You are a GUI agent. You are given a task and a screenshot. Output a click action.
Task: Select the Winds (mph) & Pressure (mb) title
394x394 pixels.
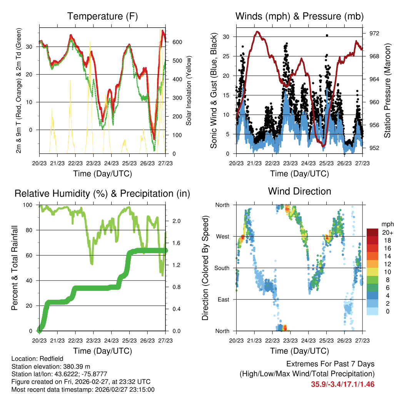(299, 17)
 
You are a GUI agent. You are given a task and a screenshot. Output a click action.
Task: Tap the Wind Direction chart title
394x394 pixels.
(299, 191)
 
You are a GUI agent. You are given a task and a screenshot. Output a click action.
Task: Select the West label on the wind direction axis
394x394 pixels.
(222, 237)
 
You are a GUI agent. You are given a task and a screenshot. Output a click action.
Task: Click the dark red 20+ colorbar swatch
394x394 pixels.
(372, 232)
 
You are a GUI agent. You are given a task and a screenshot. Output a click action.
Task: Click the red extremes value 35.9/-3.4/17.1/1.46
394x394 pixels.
(342, 384)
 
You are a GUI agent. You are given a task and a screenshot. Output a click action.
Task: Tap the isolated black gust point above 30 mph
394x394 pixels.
(327, 35)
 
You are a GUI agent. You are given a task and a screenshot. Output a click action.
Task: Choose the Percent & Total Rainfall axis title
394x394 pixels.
(14, 268)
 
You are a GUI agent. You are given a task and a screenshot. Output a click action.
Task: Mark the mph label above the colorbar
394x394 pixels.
(386, 224)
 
